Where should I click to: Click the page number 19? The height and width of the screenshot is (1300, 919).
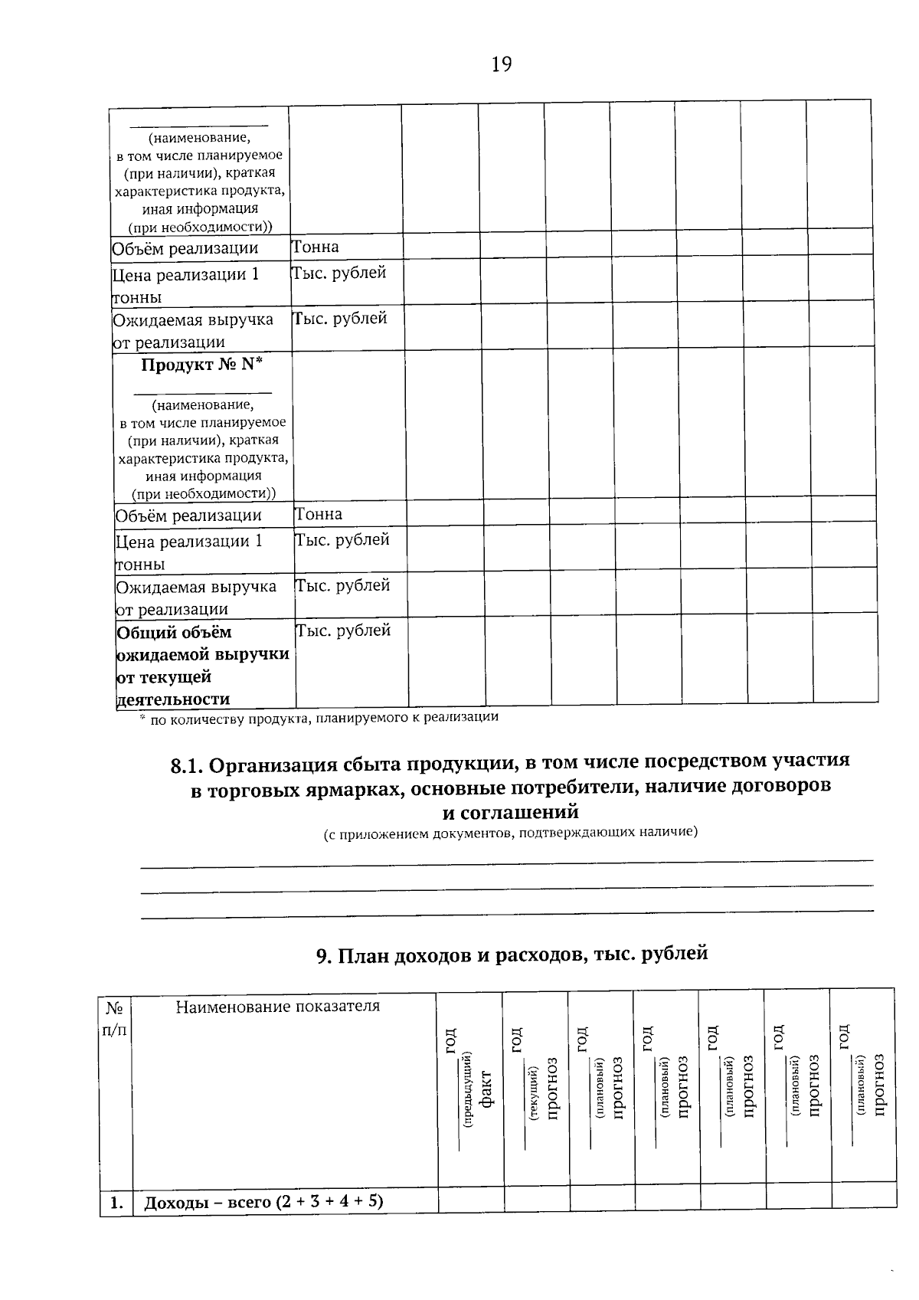pos(501,64)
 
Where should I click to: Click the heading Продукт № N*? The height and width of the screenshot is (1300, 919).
pos(201,365)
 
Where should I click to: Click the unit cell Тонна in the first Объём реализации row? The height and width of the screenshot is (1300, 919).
pos(316,247)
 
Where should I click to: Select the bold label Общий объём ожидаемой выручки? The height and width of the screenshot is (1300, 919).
pos(202,665)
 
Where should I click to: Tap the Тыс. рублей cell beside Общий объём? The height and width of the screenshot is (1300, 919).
pos(344,630)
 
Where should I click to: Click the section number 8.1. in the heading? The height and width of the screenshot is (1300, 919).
pos(186,765)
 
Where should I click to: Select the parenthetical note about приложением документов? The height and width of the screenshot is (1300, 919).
pos(510,832)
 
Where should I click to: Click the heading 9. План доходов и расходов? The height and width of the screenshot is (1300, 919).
pos(512,955)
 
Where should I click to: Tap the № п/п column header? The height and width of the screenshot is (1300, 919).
pos(115,1019)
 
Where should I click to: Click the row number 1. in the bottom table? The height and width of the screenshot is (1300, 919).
pos(116,1203)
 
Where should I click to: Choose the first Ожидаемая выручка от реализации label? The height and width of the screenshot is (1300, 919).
pos(192,330)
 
